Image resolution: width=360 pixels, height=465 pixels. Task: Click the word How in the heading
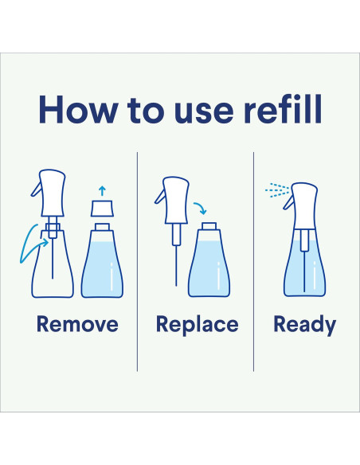pos(78,109)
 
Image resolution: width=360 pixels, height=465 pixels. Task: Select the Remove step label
pos(77,324)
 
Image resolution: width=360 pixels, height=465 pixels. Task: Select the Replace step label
pos(198,326)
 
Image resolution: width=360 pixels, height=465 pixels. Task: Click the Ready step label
pos(304,326)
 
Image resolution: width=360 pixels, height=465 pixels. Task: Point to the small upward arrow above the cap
pos(102,191)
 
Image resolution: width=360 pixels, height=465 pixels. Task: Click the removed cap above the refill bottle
pos(102,209)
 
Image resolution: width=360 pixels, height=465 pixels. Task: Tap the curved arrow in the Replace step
pos(201,207)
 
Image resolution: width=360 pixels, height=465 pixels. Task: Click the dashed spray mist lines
pos(277,190)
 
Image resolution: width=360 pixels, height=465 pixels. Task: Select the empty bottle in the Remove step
pos(53,260)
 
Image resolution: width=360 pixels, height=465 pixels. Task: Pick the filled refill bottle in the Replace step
pos(209,260)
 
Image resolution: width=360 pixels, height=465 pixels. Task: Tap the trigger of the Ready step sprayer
pos(288,203)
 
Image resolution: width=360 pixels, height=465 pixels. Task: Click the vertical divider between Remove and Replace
pos(137,261)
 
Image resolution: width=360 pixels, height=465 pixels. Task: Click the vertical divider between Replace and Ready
pos(253,261)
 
